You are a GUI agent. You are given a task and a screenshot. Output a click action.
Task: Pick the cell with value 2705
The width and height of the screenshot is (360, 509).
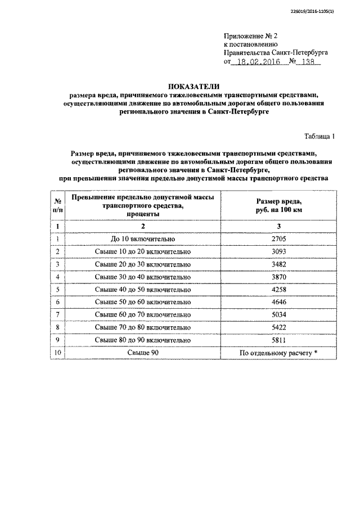279,238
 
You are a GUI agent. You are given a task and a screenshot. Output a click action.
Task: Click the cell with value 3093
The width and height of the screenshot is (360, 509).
279,251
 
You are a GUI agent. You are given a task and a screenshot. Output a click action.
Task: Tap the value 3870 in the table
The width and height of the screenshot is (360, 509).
279,277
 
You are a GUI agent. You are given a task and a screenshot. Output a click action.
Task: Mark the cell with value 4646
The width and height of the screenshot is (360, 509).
279,302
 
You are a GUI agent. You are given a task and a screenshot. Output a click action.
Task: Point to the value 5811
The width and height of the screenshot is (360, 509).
279,340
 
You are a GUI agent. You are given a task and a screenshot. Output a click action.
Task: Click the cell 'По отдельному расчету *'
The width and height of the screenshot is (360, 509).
279,353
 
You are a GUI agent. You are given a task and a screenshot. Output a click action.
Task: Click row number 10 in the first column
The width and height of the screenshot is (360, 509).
57,353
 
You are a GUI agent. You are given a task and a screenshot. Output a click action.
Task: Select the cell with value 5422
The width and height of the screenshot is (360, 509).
279,327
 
